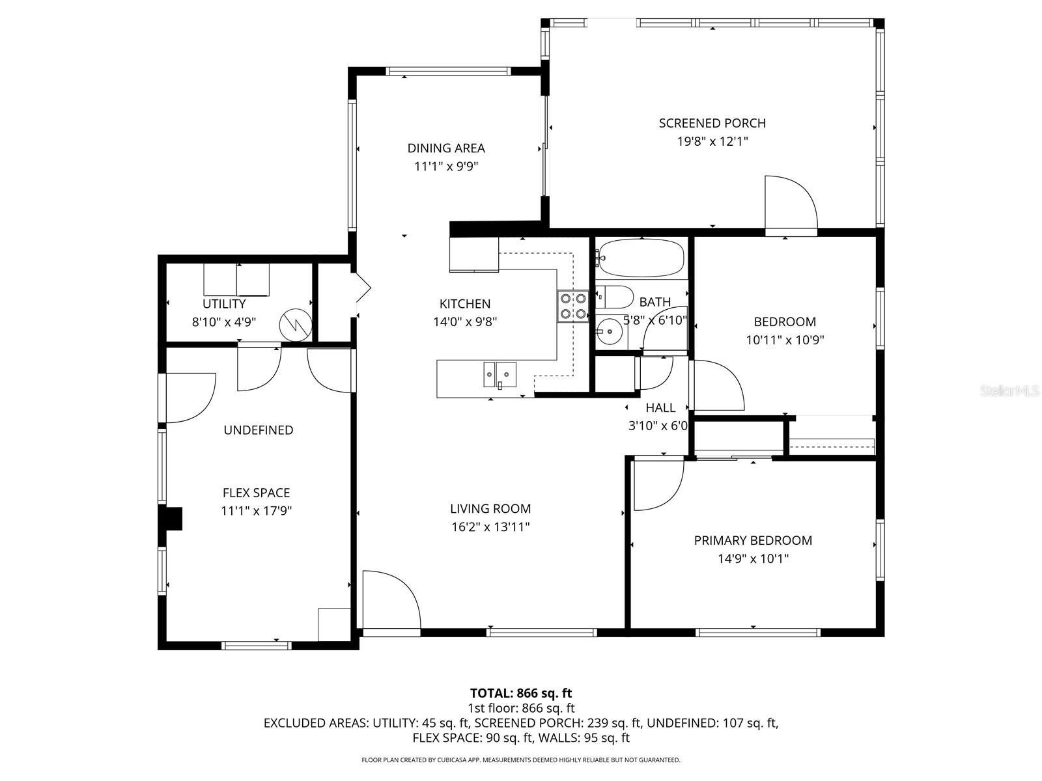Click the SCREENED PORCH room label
pyautogui.click(x=712, y=123)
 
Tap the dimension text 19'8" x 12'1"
pyautogui.click(x=712, y=141)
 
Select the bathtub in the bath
pyautogui.click(x=641, y=258)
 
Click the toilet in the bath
pyautogui.click(x=614, y=297)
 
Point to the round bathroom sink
pyautogui.click(x=610, y=332)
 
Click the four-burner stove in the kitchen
pyautogui.click(x=573, y=307)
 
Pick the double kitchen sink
pyautogui.click(x=500, y=374)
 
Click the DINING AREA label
pyautogui.click(x=446, y=148)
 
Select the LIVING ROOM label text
pyautogui.click(x=490, y=509)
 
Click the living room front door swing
pyautogui.click(x=389, y=600)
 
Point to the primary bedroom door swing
pyautogui.click(x=658, y=485)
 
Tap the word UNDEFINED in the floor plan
pyautogui.click(x=259, y=430)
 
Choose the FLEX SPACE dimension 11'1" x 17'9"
pyautogui.click(x=256, y=511)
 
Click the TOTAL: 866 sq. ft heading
pyautogui.click(x=521, y=693)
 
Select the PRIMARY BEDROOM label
pyautogui.click(x=753, y=540)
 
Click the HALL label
pyautogui.click(x=660, y=408)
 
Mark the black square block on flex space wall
pyautogui.click(x=174, y=519)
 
